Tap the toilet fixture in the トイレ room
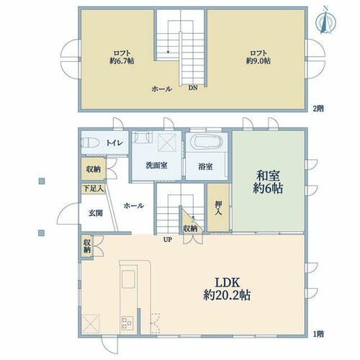(x=90, y=143)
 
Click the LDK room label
(x=227, y=282)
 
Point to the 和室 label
(x=268, y=176)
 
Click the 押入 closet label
(x=218, y=208)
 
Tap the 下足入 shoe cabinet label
(x=93, y=189)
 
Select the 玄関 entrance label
(x=96, y=213)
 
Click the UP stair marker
(x=168, y=239)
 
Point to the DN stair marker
(x=193, y=88)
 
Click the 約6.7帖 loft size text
(x=122, y=61)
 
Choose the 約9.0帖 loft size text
(x=258, y=61)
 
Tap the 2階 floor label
(x=318, y=109)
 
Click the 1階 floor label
(x=318, y=334)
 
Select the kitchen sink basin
(x=128, y=279)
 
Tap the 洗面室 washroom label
(x=156, y=166)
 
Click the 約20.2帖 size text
(x=227, y=295)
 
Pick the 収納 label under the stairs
(x=190, y=229)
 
